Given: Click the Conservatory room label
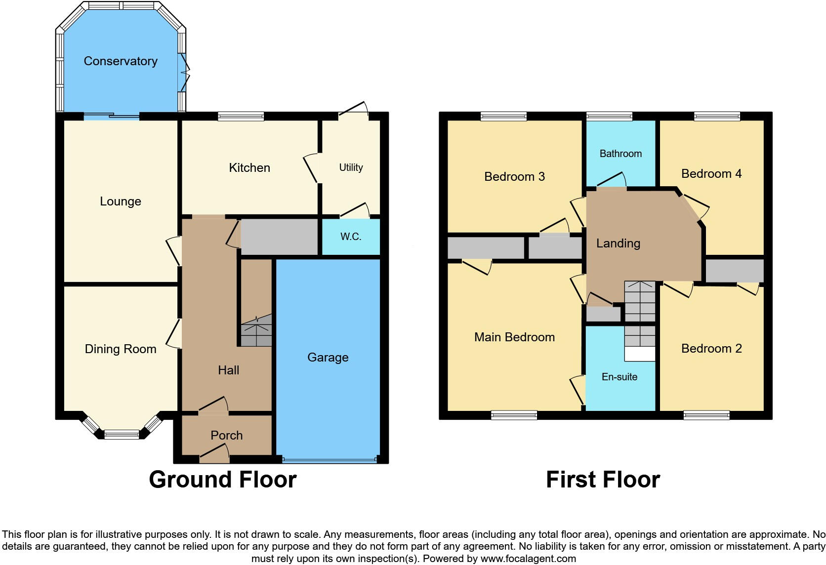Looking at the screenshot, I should tap(121, 61).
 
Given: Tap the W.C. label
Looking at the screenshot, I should tap(351, 237).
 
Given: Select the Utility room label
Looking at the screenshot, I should tap(351, 167).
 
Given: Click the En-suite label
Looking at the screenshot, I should tap(619, 377).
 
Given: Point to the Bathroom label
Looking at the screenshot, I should tap(620, 154).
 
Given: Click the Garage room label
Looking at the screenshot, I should tap(328, 357).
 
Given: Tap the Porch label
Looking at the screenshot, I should tap(227, 435).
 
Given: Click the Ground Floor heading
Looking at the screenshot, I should tap(222, 480).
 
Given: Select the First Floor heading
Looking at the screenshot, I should tap(603, 480).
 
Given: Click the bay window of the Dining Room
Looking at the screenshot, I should tap(122, 434).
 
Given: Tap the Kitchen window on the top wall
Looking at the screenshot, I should tap(241, 117).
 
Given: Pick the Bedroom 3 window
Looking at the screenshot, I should tap(503, 117).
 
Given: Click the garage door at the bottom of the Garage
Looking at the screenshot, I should tap(329, 460).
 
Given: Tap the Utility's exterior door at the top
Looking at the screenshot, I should tap(354, 110).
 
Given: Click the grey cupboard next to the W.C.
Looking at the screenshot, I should tap(279, 237).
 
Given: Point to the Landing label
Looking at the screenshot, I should tap(618, 243).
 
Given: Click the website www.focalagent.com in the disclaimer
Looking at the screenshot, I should tap(528, 559).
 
